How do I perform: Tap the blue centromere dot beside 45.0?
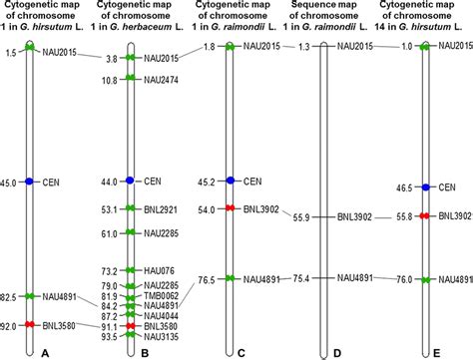tap(30, 182)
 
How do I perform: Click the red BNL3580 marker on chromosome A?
tap(30, 325)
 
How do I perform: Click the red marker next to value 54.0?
tap(231, 209)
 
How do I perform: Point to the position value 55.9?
tap(299, 216)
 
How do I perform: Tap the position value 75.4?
tap(299, 278)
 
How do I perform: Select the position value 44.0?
tap(109, 181)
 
